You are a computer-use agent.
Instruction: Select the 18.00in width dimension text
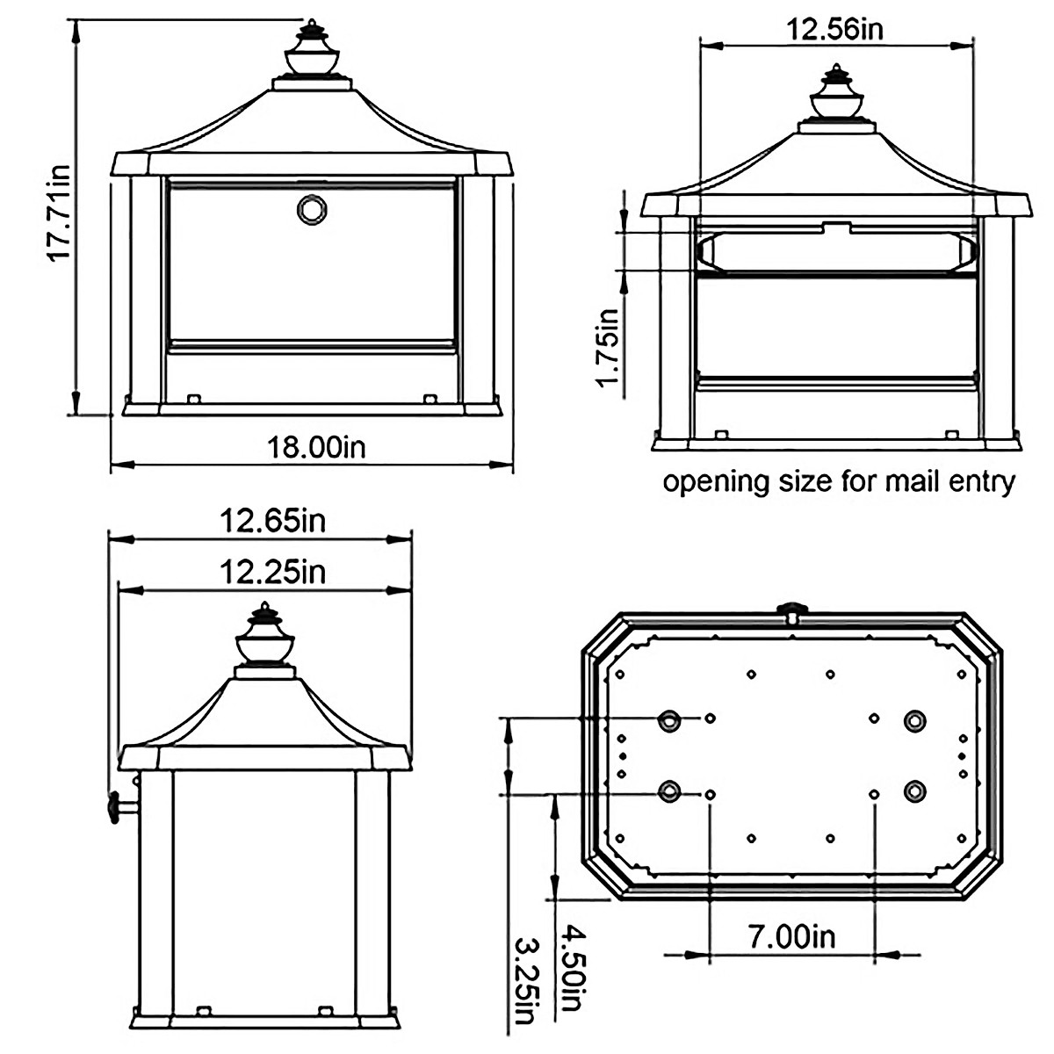click(316, 447)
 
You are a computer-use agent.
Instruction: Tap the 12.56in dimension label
click(834, 29)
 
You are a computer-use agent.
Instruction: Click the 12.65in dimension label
click(272, 521)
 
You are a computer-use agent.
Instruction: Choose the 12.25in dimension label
click(272, 572)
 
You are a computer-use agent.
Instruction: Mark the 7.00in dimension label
click(791, 936)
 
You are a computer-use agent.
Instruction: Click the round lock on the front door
click(310, 210)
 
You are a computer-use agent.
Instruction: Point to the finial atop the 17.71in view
click(312, 51)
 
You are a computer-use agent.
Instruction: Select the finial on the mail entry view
click(836, 95)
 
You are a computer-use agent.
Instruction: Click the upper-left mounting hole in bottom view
click(670, 721)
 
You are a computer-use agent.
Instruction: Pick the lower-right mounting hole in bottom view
click(914, 790)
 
